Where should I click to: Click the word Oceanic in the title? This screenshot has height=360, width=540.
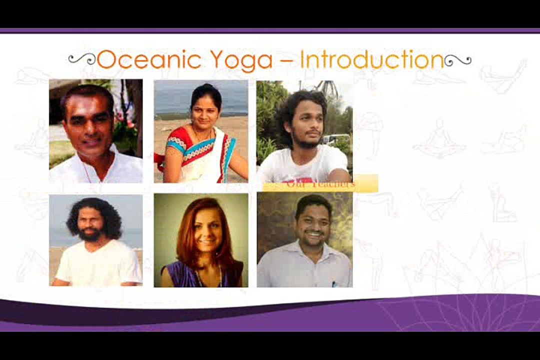148,60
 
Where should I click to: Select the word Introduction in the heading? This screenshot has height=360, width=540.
371,60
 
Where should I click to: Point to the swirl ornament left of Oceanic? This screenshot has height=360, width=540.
81,59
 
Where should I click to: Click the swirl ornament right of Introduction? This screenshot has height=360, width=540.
457,60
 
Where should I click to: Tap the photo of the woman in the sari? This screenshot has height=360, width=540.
201,131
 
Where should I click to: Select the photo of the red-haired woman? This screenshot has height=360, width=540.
201,240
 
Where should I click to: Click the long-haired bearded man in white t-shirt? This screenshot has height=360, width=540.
96,240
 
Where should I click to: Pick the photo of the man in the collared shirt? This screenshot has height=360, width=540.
304,240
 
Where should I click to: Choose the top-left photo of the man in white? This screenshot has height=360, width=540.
96,131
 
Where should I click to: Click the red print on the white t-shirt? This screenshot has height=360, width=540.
295,178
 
